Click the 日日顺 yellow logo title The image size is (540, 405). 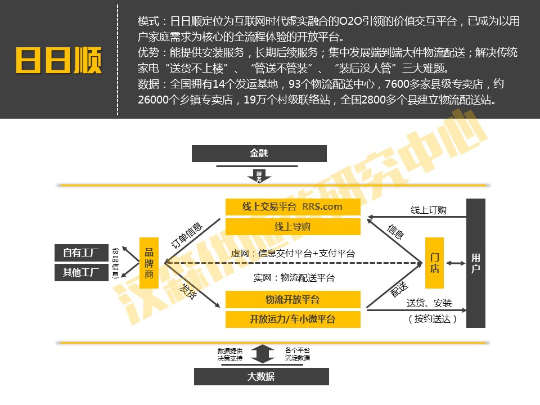[x=58, y=60]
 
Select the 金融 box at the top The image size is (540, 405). [x=259, y=153]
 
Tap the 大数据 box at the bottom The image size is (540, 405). [x=261, y=376]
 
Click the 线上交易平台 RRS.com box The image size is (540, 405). [x=292, y=206]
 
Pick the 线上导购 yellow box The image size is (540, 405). [x=292, y=227]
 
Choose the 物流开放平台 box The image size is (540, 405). [x=292, y=299]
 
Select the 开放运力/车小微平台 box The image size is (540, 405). [x=292, y=319]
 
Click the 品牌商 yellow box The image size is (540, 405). [x=149, y=263]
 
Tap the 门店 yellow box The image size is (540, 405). [x=435, y=263]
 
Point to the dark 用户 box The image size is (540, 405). [x=476, y=263]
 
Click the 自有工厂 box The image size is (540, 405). [x=81, y=253]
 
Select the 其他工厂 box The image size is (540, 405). [x=81, y=273]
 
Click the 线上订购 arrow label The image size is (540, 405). [x=428, y=210]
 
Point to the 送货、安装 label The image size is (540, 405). [x=429, y=303]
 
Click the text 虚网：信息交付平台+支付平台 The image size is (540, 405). [x=292, y=254]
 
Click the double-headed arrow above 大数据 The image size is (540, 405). [x=261, y=354]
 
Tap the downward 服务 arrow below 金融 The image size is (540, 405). [x=259, y=177]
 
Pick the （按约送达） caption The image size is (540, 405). [x=432, y=319]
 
